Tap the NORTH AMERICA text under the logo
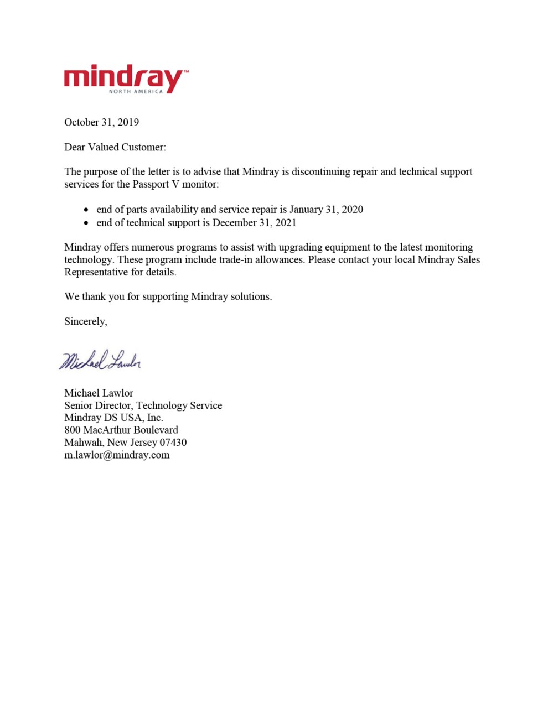tap(136, 91)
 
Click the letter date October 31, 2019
tap(101, 122)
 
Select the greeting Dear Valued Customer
tap(115, 147)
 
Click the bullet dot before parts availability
tap(86, 210)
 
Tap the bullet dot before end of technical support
tap(86, 223)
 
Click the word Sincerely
tap(86, 321)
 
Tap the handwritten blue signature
tap(100, 360)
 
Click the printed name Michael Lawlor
tap(99, 393)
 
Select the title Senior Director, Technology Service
tap(143, 405)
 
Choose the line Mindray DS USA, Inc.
tap(113, 418)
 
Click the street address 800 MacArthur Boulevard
tap(121, 430)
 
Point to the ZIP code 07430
tap(173, 442)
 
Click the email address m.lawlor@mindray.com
tap(117, 455)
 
